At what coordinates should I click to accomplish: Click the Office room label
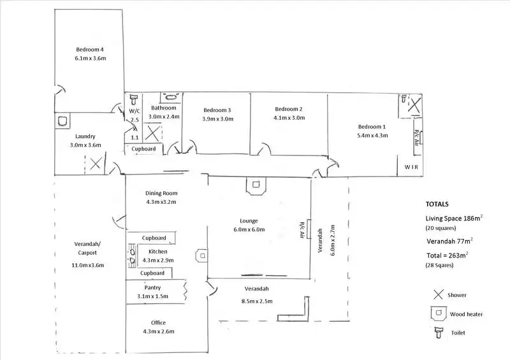[159, 322]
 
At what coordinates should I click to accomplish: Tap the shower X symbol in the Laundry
[94, 164]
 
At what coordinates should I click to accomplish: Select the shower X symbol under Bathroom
[153, 133]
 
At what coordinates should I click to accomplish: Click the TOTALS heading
[437, 205]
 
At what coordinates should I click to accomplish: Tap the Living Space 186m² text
[454, 218]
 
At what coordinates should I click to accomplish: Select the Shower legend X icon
[438, 295]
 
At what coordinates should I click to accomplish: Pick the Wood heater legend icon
[438, 313]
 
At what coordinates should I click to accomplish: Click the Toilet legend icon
[438, 331]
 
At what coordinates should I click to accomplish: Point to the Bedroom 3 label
[217, 110]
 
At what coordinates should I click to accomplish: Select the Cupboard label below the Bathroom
[144, 149]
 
